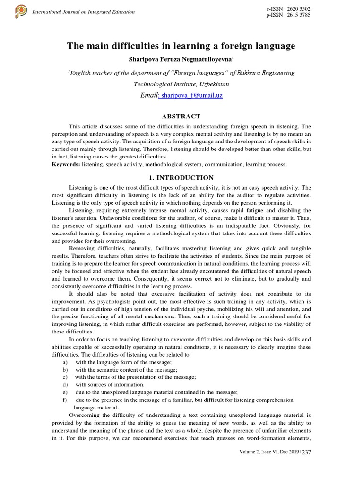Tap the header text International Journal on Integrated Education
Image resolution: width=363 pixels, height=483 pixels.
tap(83, 12)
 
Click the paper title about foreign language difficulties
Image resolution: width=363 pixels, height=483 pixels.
tap(181, 46)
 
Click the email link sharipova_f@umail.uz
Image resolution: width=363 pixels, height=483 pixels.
tap(190, 95)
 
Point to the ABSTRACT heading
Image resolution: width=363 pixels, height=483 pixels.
tap(181, 116)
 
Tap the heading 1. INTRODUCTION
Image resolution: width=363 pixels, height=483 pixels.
tap(181, 178)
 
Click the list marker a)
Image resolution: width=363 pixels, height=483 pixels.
tap(64, 362)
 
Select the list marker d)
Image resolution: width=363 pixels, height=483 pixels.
tap(64, 384)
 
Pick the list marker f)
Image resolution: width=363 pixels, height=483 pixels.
tap(64, 400)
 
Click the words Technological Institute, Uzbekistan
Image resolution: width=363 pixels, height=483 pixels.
tap(181, 84)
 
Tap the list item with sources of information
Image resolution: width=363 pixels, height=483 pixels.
tap(110, 384)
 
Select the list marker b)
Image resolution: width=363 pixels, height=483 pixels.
tap(64, 369)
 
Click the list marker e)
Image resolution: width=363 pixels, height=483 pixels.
tap(64, 392)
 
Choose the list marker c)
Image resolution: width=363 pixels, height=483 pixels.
tap(64, 377)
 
